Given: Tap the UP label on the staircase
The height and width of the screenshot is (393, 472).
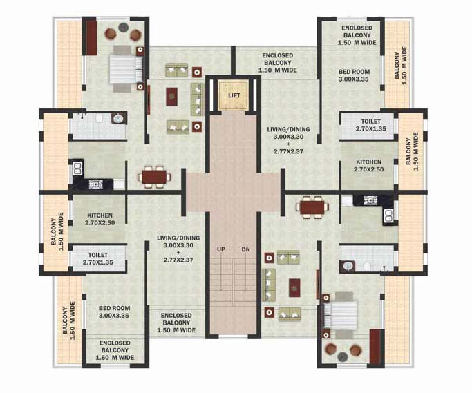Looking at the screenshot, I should (221, 249).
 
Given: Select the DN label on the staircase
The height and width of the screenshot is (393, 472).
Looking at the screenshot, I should (245, 249).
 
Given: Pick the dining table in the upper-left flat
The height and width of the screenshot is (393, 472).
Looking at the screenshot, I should (154, 177).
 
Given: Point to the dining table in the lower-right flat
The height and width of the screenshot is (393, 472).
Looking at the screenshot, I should (313, 207).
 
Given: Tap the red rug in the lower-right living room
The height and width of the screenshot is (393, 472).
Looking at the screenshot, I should (295, 287).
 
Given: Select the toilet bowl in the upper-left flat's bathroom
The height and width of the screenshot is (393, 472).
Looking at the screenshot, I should (100, 119).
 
